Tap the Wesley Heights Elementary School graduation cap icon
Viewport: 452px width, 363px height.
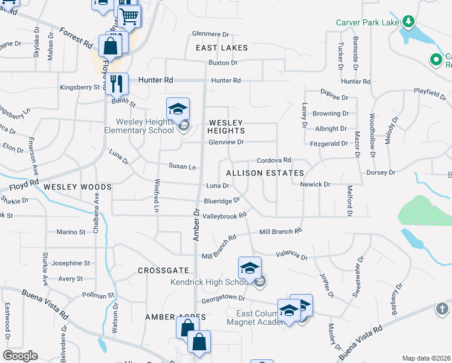[178, 109]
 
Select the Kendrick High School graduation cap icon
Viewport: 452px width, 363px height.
[250, 267]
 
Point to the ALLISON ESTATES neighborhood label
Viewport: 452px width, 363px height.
[265, 173]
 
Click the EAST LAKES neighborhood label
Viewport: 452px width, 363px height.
[222, 48]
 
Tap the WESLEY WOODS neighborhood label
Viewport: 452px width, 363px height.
[77, 187]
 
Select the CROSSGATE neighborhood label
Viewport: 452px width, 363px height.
[163, 270]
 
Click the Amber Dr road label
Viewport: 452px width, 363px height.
[196, 225]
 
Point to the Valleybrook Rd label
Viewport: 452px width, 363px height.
[225, 215]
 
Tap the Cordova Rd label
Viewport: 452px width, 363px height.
[274, 160]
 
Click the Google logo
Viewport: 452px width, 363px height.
[20, 356]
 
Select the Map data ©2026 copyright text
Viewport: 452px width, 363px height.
[426, 358]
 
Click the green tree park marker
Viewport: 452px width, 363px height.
[409, 22]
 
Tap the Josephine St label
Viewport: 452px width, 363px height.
[70, 263]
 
